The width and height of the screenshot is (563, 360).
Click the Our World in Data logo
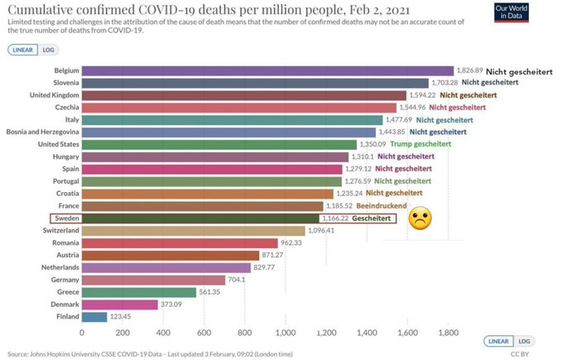pos(511,12)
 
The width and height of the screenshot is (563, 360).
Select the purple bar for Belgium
pos(267,70)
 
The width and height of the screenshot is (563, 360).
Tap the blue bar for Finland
pos(94,317)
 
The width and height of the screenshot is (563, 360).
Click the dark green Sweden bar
pos(200,218)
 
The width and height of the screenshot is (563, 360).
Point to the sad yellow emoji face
pos(420,218)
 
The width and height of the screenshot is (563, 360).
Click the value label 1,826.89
pos(470,70)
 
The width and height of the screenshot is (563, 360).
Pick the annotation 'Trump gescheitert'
pos(421,144)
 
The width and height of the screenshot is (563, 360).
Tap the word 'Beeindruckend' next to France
pos(382,206)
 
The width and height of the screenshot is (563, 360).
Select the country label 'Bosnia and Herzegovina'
pos(42,132)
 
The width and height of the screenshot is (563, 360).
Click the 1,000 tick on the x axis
pos(286,333)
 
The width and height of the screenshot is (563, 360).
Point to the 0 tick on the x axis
pos(82,333)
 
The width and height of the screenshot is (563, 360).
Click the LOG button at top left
pos(49,50)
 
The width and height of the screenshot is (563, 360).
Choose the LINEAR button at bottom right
pos(498,341)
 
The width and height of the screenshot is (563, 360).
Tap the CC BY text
pos(520,354)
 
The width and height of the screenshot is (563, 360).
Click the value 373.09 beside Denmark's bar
pos(171,305)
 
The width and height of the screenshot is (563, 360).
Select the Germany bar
pos(153,280)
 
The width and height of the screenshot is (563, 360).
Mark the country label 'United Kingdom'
pos(54,95)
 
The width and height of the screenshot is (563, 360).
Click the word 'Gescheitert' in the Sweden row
pos(371,218)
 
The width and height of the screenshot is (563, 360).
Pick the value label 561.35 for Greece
pos(209,292)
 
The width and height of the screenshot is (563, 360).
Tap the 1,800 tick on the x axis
pos(449,333)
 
